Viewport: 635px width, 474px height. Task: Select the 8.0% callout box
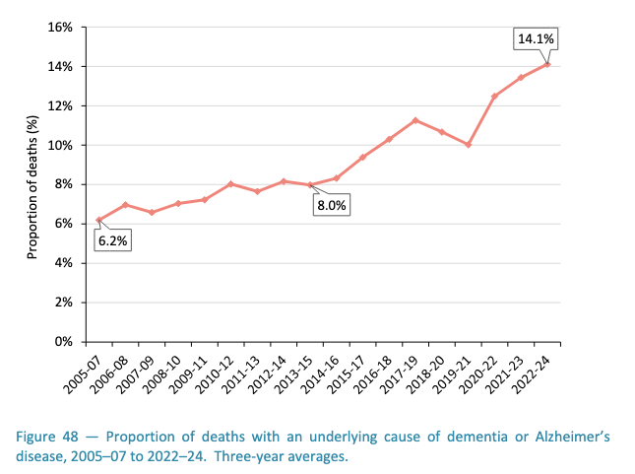[332, 205]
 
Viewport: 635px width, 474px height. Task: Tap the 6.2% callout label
[112, 239]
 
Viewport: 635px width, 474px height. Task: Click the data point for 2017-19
[415, 120]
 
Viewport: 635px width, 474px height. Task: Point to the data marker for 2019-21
[469, 145]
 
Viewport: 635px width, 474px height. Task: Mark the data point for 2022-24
[547, 64]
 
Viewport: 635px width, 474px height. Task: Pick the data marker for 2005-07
[98, 220]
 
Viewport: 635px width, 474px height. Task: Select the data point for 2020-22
[494, 97]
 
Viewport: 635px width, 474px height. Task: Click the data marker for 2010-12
[230, 184]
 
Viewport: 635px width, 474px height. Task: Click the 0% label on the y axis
[65, 342]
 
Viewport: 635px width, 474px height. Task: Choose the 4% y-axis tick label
[65, 263]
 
